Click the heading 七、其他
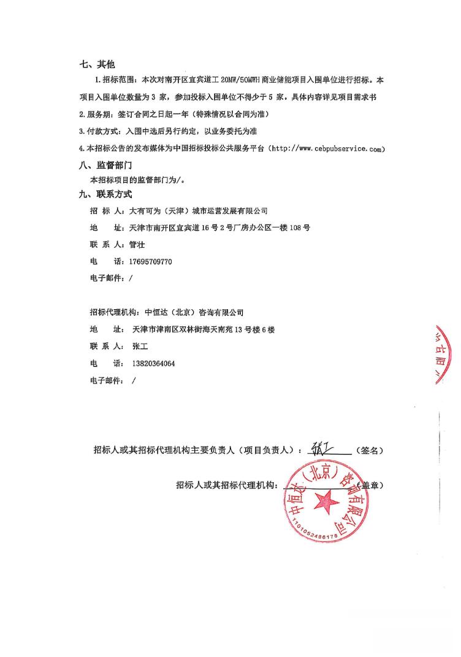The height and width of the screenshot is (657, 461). pos(97,64)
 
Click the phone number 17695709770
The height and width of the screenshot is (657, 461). pos(150,261)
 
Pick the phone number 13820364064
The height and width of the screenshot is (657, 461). pos(153,363)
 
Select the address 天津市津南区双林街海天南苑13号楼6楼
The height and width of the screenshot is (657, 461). pos(203,329)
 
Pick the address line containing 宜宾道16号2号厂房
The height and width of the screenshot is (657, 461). pos(220,228)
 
